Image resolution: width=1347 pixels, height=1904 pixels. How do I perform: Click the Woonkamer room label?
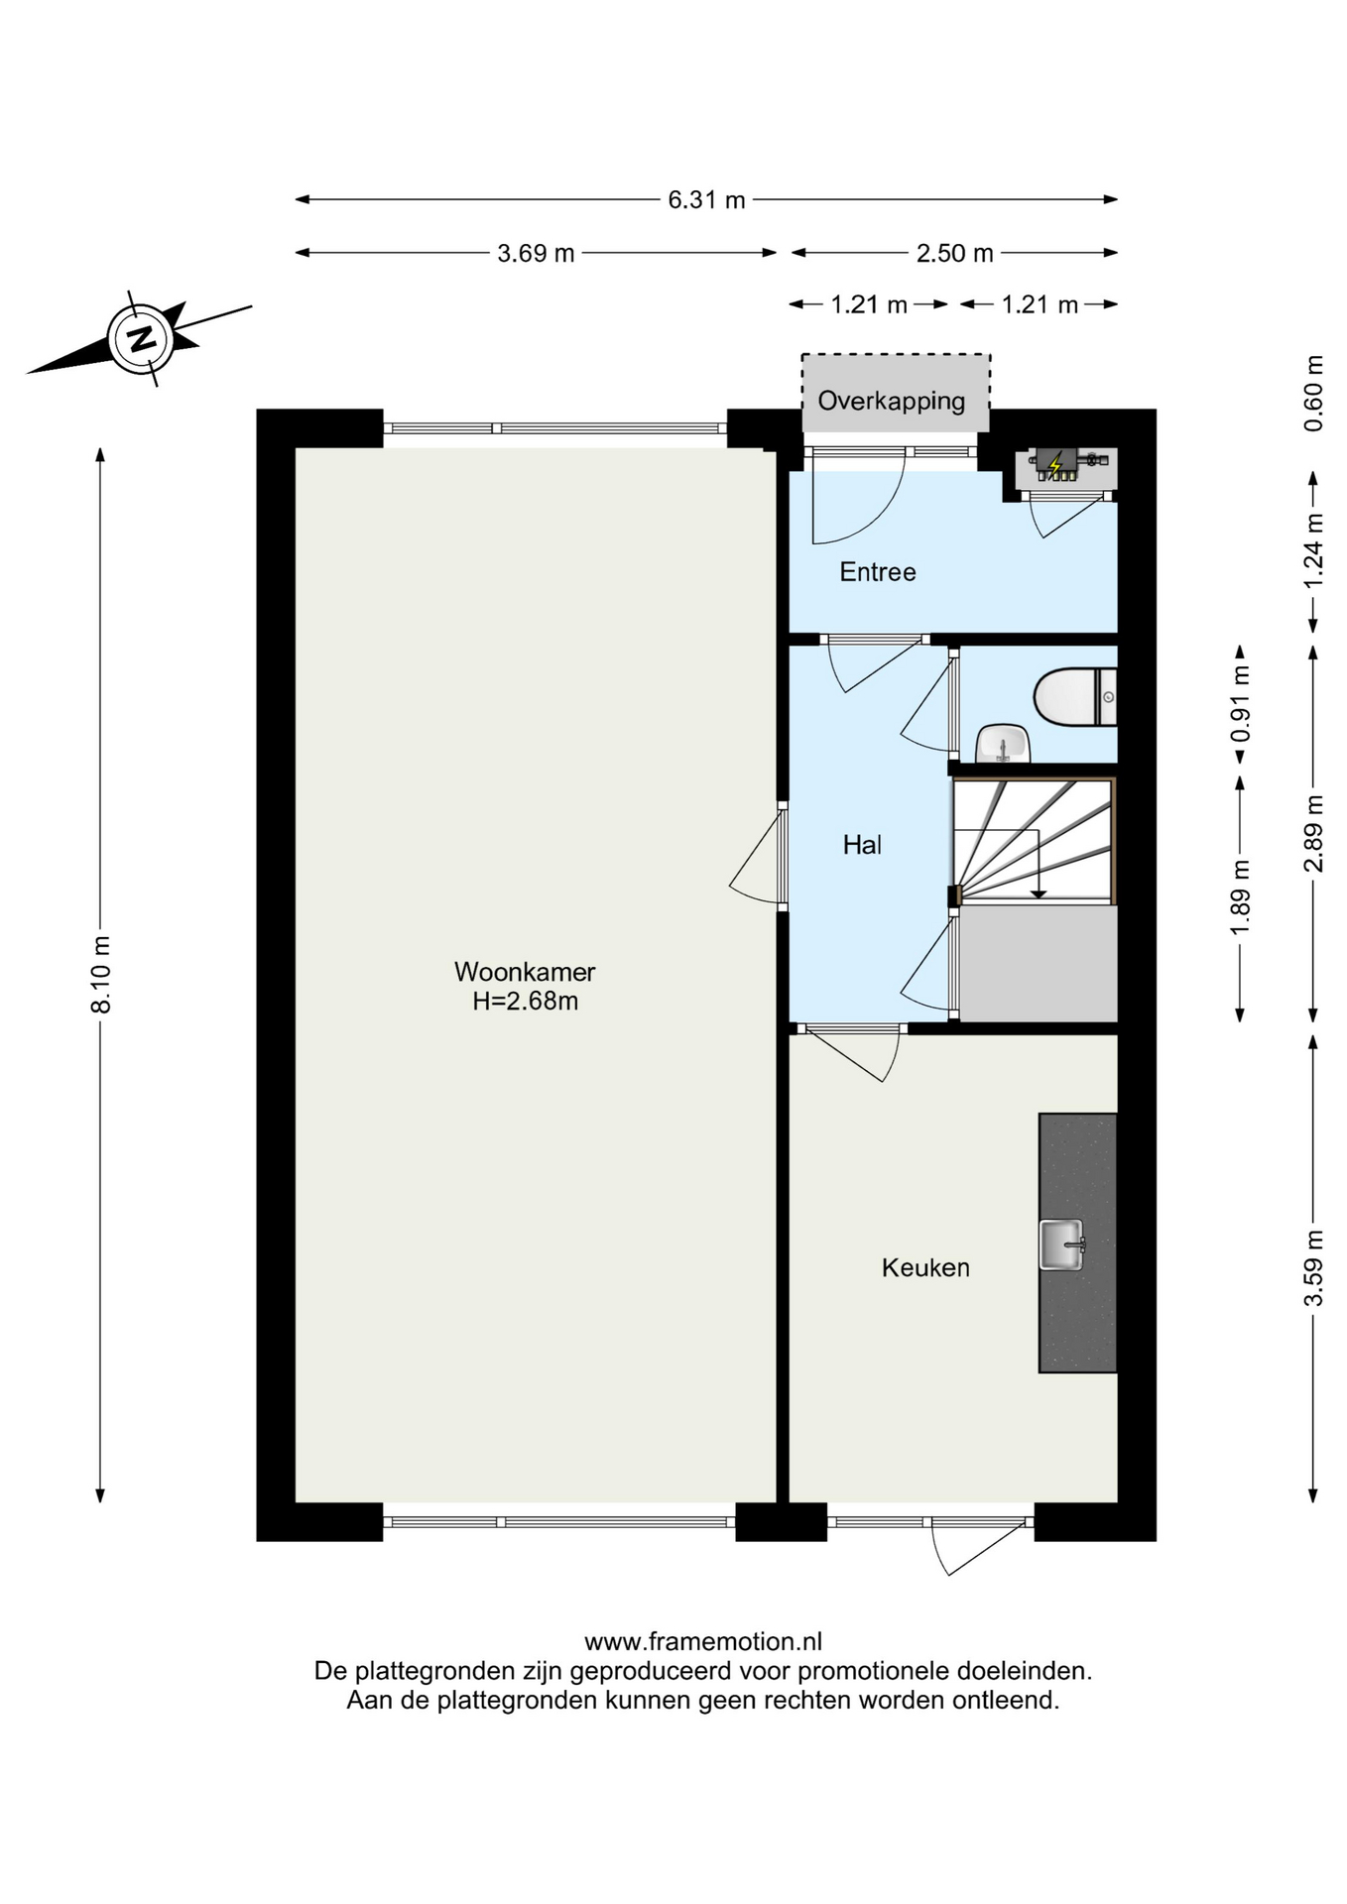[x=525, y=971]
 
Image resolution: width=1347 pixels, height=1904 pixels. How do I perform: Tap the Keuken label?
[x=925, y=1267]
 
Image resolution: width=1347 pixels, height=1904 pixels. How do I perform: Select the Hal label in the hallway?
[x=862, y=845]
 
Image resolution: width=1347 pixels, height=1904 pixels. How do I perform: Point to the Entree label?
[x=878, y=572]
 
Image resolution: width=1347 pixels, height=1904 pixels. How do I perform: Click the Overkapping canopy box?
[x=896, y=394]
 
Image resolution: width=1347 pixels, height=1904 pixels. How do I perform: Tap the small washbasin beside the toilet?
[x=1003, y=743]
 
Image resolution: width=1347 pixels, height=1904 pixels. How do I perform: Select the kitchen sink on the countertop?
[x=1061, y=1245]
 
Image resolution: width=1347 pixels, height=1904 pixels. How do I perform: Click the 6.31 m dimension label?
[x=706, y=199]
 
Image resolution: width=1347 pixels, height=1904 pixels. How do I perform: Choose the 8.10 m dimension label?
[x=101, y=974]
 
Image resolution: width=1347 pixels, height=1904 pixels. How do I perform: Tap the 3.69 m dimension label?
[x=536, y=253]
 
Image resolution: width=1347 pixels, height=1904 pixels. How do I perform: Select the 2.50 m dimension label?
[x=954, y=253]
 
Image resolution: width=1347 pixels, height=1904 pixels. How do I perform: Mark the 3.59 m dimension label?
[x=1313, y=1267]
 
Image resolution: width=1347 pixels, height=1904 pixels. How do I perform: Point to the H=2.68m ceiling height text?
[x=525, y=1002]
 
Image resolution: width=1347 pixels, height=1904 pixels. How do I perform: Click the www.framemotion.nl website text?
[x=703, y=1642]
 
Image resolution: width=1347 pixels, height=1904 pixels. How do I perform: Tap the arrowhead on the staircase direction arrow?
[x=1038, y=893]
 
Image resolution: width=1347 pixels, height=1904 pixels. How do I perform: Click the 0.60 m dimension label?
[x=1313, y=393]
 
